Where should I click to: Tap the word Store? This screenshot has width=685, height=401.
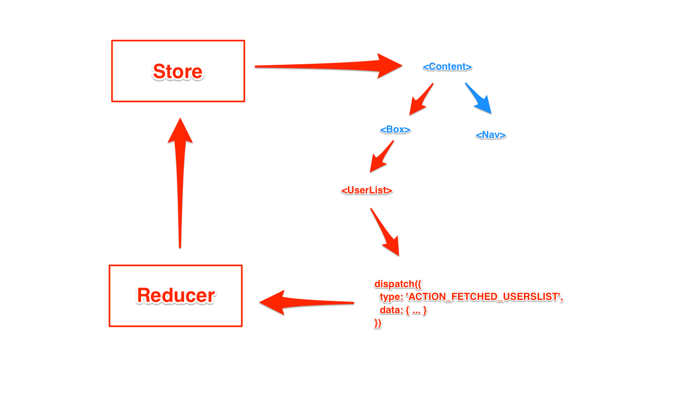(x=178, y=72)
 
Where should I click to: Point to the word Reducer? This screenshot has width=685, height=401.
(x=176, y=295)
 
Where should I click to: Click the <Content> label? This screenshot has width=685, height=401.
(x=447, y=67)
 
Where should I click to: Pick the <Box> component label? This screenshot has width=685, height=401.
(x=395, y=130)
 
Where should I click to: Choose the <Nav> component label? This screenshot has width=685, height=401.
(x=490, y=135)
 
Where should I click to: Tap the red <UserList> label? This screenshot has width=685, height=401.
(x=367, y=190)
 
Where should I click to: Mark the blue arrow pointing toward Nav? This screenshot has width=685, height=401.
(x=479, y=99)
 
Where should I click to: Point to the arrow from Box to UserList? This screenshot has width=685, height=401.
(x=382, y=157)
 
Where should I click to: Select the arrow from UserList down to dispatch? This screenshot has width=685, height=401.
(x=385, y=233)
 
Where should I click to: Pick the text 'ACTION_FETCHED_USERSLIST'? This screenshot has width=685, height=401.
(x=484, y=297)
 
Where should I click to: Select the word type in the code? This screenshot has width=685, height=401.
(x=391, y=297)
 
